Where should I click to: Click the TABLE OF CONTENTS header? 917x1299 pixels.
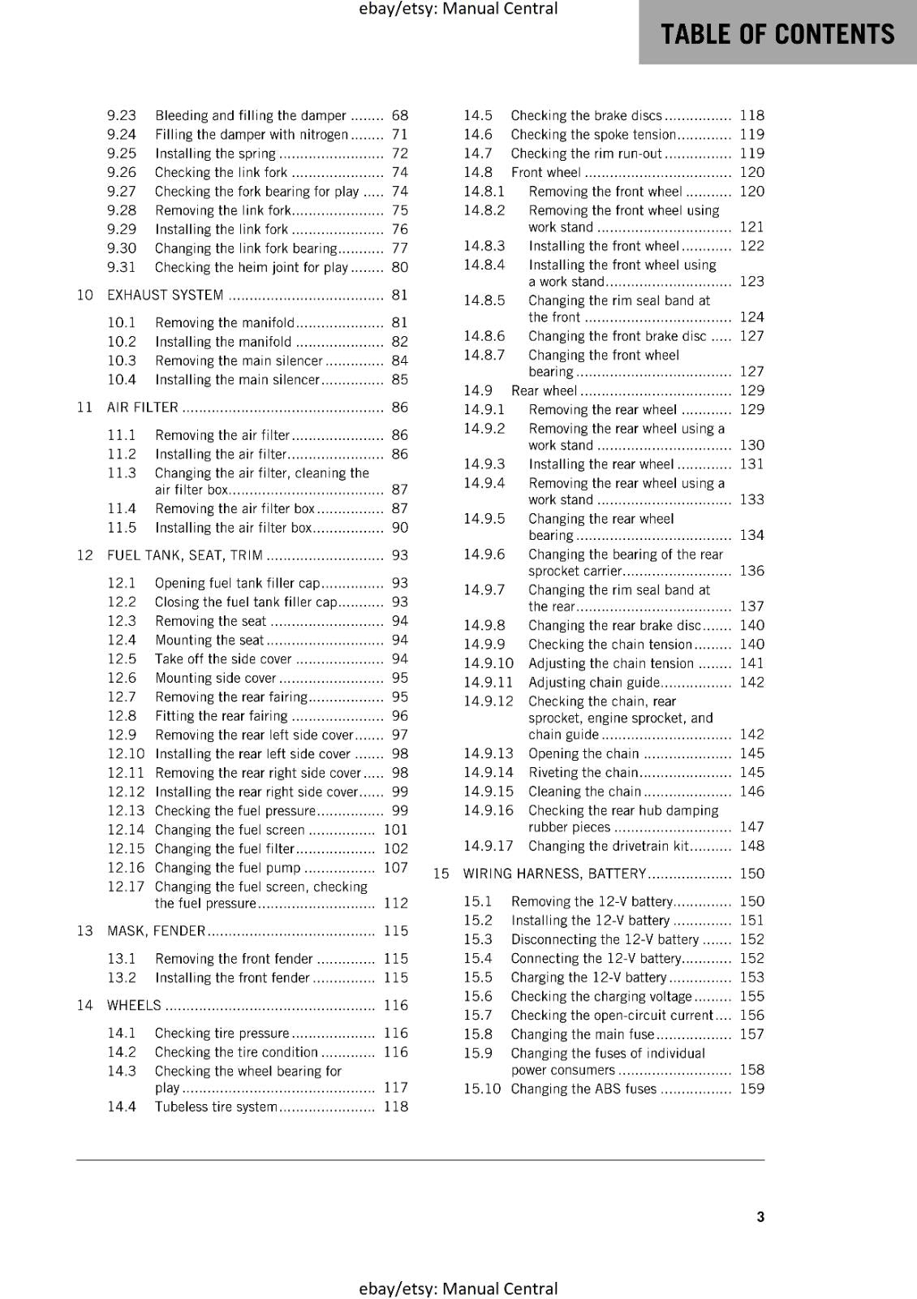click(x=777, y=34)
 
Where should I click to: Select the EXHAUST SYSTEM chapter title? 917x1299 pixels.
click(x=165, y=295)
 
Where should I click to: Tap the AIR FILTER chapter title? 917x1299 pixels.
click(x=142, y=408)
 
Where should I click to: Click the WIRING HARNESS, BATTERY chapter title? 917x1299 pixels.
click(x=554, y=874)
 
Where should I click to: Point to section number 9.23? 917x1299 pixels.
click(x=122, y=115)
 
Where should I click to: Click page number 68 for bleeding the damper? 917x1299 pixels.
click(x=400, y=115)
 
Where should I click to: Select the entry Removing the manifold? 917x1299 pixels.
click(x=225, y=323)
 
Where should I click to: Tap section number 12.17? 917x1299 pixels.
click(x=125, y=887)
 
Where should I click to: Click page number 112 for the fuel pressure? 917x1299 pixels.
click(x=396, y=903)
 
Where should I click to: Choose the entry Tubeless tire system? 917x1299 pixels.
click(x=216, y=1107)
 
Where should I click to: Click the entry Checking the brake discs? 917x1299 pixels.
click(x=586, y=115)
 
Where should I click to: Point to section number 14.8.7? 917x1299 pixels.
click(x=484, y=355)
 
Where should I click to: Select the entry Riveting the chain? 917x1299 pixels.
click(x=583, y=773)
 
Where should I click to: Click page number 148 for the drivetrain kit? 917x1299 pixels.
click(x=752, y=846)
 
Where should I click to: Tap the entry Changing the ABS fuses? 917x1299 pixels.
click(x=583, y=1089)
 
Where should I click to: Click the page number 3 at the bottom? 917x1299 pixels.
click(x=760, y=1217)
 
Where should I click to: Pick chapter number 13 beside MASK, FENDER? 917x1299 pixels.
click(x=85, y=930)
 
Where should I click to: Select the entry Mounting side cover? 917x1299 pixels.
click(x=215, y=678)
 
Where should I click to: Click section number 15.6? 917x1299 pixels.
click(x=478, y=996)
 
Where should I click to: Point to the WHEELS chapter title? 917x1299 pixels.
click(x=134, y=1005)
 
